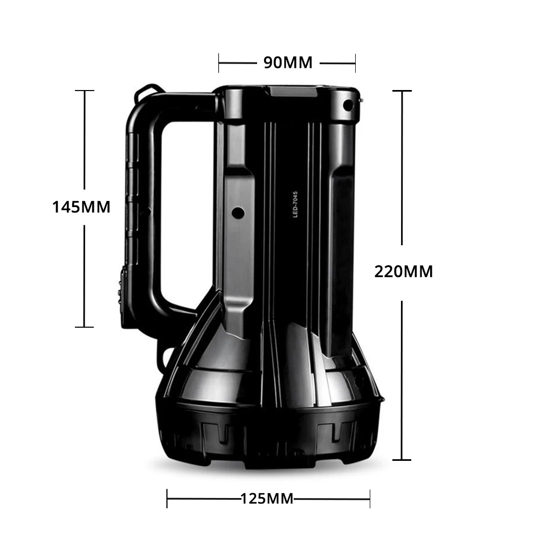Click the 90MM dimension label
click(288, 63)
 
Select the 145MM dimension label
click(81, 206)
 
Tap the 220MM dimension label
click(404, 272)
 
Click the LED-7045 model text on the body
click(295, 205)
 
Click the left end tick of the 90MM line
click(219, 63)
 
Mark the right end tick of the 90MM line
click(355, 63)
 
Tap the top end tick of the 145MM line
click(85, 91)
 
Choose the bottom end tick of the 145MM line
click(85, 327)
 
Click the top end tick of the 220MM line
click(402, 91)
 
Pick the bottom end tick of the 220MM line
click(402, 460)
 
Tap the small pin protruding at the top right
click(360, 100)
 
